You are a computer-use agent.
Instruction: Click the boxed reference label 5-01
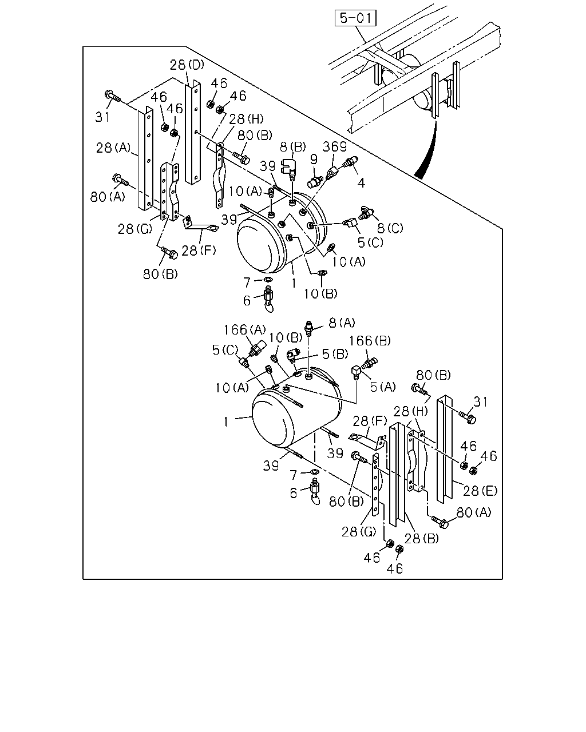click(x=355, y=18)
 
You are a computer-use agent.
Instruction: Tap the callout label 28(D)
click(x=187, y=64)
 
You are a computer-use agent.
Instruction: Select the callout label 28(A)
click(x=113, y=148)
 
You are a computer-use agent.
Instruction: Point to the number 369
click(x=335, y=146)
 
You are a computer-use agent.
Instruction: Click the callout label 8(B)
click(x=293, y=147)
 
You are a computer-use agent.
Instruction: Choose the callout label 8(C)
click(x=390, y=228)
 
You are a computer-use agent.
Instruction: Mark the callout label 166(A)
click(x=244, y=329)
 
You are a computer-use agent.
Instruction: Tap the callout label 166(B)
click(x=370, y=340)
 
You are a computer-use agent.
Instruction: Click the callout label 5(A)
click(x=383, y=387)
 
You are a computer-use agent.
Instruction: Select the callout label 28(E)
click(x=480, y=491)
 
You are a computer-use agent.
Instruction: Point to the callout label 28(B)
click(x=422, y=539)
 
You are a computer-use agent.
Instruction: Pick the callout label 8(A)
click(x=342, y=323)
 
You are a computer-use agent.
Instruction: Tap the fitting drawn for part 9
click(x=315, y=181)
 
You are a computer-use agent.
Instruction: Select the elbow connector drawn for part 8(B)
click(x=289, y=169)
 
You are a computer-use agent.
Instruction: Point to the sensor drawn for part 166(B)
click(x=370, y=363)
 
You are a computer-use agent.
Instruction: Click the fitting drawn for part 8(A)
click(x=308, y=328)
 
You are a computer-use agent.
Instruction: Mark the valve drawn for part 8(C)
click(x=366, y=213)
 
